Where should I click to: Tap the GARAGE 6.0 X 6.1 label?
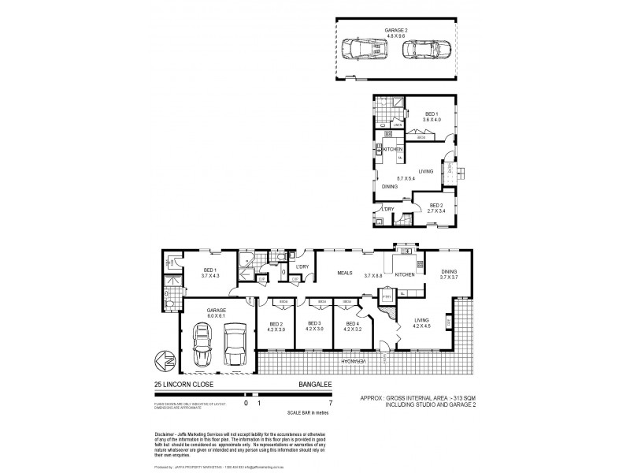click(217, 313)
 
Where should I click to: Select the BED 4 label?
click(350, 326)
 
